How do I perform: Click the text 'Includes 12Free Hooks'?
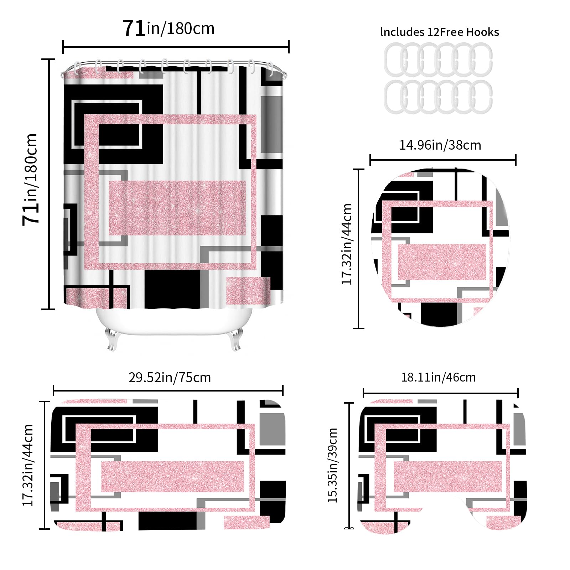click(x=440, y=32)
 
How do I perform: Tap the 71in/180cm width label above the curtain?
click(x=169, y=28)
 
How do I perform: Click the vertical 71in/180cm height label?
click(x=30, y=180)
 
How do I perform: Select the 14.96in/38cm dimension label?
click(x=440, y=145)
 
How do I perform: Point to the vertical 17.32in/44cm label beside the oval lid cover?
click(x=347, y=244)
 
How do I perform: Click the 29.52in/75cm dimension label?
click(x=170, y=377)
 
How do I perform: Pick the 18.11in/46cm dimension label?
click(x=439, y=377)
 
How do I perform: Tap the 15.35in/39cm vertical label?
click(x=332, y=465)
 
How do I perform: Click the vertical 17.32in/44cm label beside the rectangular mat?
click(x=28, y=465)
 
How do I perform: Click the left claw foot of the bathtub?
click(x=112, y=339)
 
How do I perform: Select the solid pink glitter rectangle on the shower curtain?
click(x=177, y=208)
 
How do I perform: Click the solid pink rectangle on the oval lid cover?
click(x=442, y=262)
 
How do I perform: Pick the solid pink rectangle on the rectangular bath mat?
click(x=173, y=476)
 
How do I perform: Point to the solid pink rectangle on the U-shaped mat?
click(x=448, y=476)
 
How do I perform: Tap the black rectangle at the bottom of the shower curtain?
click(x=172, y=289)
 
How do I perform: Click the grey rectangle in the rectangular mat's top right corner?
click(x=273, y=429)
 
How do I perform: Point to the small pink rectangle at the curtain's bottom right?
click(x=248, y=291)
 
